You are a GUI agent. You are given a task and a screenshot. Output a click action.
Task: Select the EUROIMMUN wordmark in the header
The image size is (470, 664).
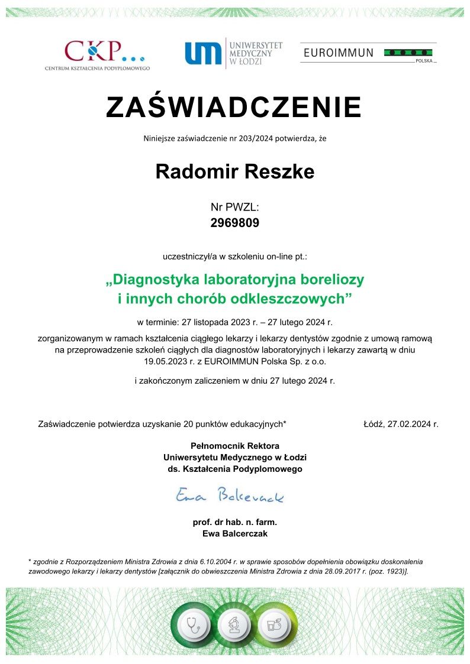pos(338,53)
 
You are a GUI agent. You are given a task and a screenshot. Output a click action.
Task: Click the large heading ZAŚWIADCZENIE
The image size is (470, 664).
pos(234,107)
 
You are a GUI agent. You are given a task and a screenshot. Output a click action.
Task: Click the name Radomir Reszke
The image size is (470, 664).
pos(234,171)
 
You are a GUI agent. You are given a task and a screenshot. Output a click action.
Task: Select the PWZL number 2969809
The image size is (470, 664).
pos(235,223)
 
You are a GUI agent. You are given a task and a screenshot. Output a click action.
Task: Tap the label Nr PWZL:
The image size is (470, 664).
pos(235,207)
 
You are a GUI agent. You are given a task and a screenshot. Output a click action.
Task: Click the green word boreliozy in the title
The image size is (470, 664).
pos(330,278)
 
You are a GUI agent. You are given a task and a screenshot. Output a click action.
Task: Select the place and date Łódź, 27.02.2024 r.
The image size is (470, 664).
pos(401,423)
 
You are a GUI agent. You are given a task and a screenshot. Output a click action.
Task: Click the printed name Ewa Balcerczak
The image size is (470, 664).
pos(235,533)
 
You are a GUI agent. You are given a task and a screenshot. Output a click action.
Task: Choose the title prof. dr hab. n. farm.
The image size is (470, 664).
pos(235,522)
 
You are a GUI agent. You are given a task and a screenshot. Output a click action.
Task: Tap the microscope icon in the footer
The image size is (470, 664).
pos(235,624)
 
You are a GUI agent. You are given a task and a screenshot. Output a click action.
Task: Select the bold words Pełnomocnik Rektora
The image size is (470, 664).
pos(235,445)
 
